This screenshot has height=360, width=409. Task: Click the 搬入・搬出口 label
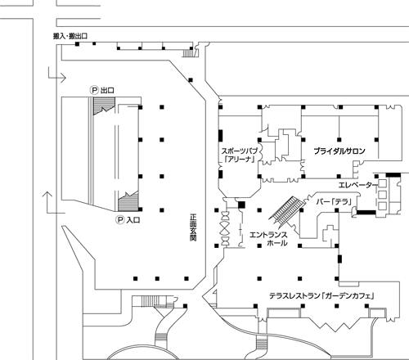pyautogui.click(x=70, y=36)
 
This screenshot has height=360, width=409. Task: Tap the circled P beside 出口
pyautogui.click(x=94, y=90)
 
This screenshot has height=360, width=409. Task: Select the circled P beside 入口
pyautogui.click(x=120, y=220)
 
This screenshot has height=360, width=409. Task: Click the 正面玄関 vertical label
pyautogui.click(x=193, y=227)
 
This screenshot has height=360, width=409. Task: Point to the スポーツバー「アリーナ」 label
pyautogui.click(x=240, y=155)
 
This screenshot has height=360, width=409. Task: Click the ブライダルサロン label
pyautogui.click(x=339, y=151)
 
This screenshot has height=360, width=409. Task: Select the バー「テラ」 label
pyautogui.click(x=334, y=202)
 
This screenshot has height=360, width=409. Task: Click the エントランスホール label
pyautogui.click(x=268, y=239)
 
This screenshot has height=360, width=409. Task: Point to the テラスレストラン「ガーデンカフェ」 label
pyautogui.click(x=321, y=295)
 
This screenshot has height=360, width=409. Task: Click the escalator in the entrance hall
pyautogui.click(x=286, y=211)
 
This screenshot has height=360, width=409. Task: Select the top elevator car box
pyautogui.click(x=382, y=183)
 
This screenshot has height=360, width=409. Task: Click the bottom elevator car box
pyautogui.click(x=382, y=206)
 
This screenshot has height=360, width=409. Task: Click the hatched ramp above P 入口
pyautogui.click(x=128, y=201)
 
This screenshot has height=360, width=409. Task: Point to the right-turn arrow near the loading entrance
pyautogui.click(x=57, y=75)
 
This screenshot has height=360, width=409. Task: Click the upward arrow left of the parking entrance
pyautogui.click(x=53, y=203)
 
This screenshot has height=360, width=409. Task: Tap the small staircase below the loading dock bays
pyautogui.click(x=187, y=52)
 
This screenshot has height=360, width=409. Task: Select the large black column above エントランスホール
pyautogui.click(x=241, y=205)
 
